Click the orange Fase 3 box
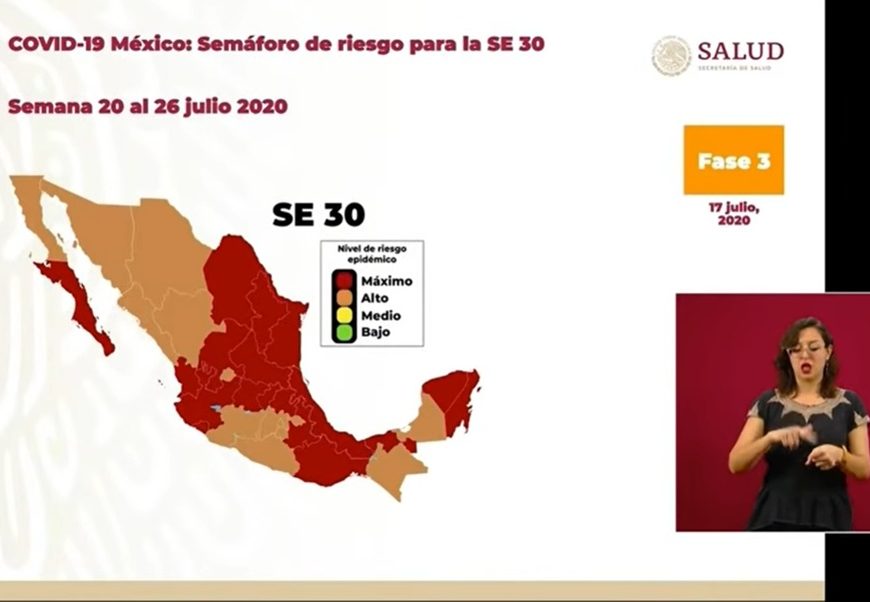point(734,160)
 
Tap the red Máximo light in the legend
point(344,280)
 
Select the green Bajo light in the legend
point(344,332)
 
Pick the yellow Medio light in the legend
point(344,315)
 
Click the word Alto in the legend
point(375,299)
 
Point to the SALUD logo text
point(740,51)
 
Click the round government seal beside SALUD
point(671,56)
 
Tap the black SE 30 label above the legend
point(318,215)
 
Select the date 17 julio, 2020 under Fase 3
point(734,214)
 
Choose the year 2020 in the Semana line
point(262,106)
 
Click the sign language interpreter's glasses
point(806,350)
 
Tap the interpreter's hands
point(810,444)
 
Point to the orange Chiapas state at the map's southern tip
point(395,467)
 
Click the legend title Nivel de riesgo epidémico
point(372,254)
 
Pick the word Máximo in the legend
point(387,281)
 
